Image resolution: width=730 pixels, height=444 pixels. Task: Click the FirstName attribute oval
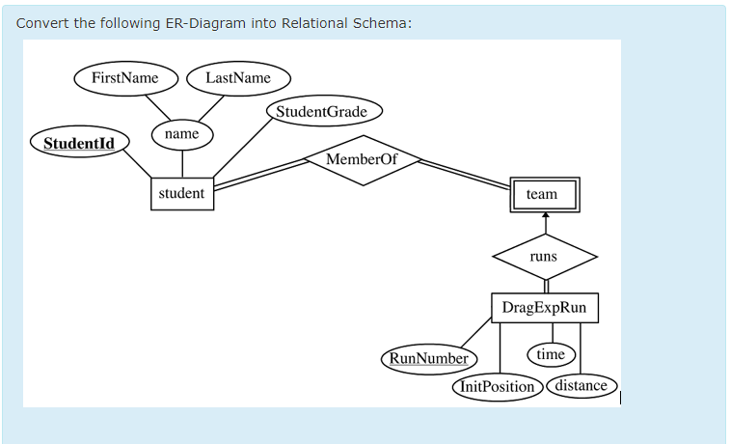point(124,77)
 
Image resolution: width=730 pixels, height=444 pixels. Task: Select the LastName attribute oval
point(238,77)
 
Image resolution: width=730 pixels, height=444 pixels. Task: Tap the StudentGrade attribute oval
point(322,112)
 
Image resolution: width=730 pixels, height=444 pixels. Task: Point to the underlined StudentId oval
point(79,144)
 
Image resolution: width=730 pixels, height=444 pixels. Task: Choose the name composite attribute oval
point(181,134)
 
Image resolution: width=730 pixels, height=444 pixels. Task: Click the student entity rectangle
point(181,193)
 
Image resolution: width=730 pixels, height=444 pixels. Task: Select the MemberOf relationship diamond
point(361,159)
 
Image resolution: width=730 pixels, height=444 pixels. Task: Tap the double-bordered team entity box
point(543,195)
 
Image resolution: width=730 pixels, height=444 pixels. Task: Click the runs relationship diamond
point(544,258)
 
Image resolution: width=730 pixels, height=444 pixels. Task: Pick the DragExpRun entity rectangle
point(544,308)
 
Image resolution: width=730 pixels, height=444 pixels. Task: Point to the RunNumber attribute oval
point(427,359)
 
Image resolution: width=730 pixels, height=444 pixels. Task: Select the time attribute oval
point(551,354)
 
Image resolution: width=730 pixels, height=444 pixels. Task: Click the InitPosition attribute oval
point(498,387)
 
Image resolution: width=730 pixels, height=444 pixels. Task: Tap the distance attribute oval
point(581,386)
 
